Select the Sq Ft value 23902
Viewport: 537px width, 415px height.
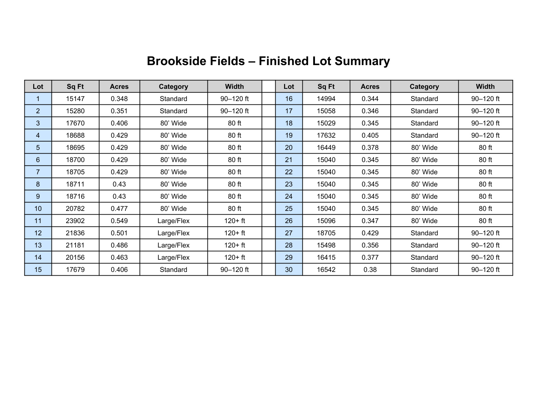(75, 221)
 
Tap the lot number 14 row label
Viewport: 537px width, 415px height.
(38, 258)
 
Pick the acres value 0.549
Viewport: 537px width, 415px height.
(119, 221)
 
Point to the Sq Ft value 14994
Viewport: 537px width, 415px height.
(326, 99)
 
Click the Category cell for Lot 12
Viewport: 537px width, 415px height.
(174, 233)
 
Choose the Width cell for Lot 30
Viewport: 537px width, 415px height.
(485, 270)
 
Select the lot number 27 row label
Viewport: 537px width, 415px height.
(289, 233)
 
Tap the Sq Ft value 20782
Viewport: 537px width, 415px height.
(75, 209)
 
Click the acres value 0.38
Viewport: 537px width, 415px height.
(370, 270)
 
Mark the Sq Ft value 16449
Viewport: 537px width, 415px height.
(326, 148)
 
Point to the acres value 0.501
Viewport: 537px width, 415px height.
(119, 233)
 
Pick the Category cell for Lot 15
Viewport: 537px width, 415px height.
(174, 270)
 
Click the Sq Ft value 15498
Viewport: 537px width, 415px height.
(326, 245)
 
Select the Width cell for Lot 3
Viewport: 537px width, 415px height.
(235, 123)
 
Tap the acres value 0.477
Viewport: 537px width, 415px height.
(119, 209)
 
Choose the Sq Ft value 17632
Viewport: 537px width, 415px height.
(326, 136)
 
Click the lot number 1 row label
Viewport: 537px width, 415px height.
(38, 99)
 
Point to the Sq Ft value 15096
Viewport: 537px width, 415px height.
(326, 221)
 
